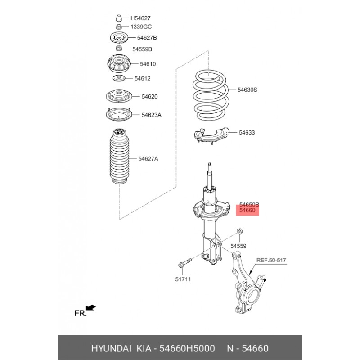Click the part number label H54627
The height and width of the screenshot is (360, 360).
(140, 18)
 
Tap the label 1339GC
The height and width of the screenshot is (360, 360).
(141, 27)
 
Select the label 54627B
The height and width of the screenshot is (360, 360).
(147, 38)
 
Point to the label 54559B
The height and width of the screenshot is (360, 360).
(142, 49)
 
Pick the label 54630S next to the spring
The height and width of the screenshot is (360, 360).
(247, 90)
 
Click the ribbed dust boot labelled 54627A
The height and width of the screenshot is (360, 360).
(119, 157)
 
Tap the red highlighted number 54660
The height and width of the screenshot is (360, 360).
(247, 210)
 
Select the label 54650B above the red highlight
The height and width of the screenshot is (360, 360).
(249, 204)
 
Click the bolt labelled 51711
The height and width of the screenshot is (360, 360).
(185, 263)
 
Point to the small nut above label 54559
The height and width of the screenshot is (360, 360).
(239, 231)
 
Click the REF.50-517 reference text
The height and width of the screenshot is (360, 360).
(271, 261)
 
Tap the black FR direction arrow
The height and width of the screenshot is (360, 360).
(91, 307)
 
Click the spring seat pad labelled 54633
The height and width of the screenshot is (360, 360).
(211, 136)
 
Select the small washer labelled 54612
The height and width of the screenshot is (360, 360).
(119, 78)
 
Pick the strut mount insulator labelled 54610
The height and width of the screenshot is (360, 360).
(119, 63)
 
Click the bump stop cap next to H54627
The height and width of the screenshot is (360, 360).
(118, 18)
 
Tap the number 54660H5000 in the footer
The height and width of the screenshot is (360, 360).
(187, 348)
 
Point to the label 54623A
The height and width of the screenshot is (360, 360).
(151, 115)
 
